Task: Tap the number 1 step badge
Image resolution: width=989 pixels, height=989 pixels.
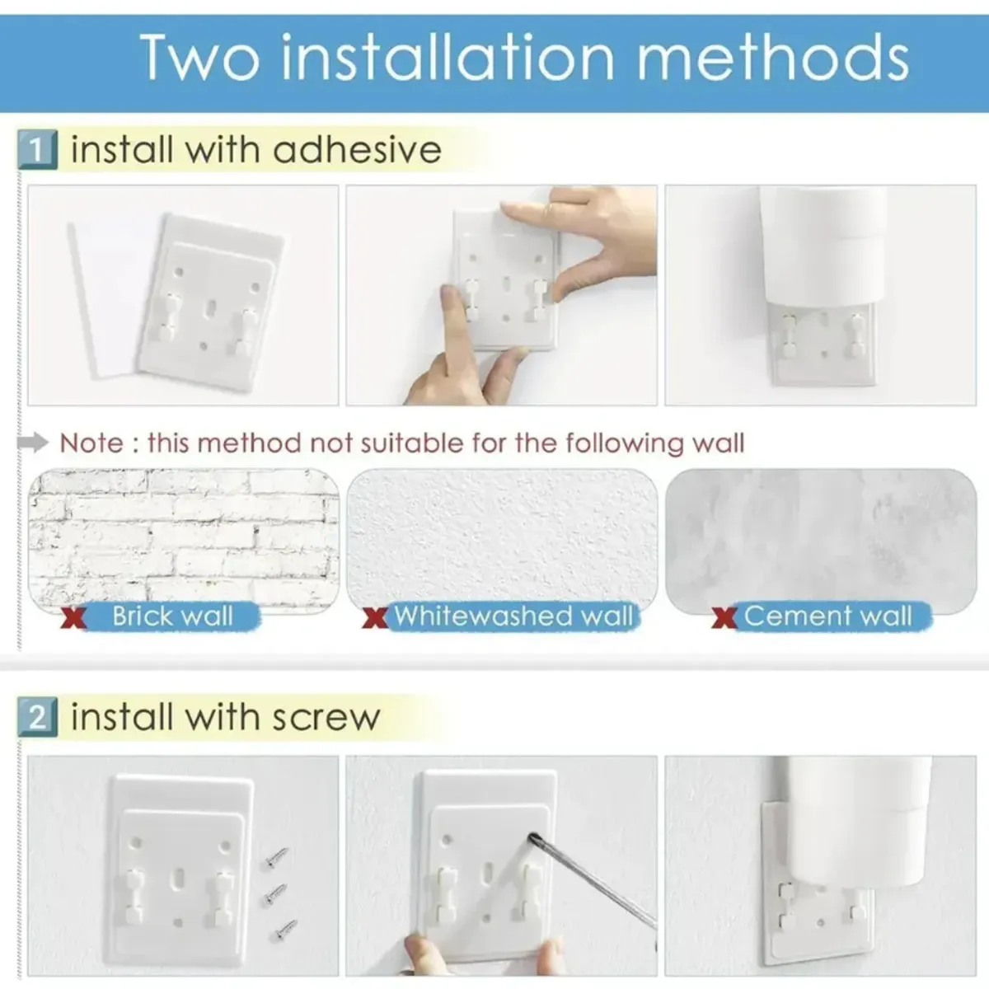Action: point(37,150)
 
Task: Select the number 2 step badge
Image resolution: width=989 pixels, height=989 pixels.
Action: point(37,718)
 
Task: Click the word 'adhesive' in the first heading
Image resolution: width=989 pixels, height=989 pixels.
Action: point(357,149)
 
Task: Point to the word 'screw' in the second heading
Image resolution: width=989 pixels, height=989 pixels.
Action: point(326,719)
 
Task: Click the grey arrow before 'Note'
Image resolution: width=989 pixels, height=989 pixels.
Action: point(32,443)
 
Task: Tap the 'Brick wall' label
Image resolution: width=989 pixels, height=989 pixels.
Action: point(172,616)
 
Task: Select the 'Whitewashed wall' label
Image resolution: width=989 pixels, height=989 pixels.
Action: point(513,616)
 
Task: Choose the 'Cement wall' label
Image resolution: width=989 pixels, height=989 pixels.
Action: point(827,616)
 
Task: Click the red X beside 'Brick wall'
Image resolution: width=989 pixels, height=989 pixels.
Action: point(73,618)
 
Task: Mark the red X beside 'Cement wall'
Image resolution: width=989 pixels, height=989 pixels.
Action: point(724,618)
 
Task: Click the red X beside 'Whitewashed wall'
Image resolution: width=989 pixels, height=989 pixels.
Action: point(375,618)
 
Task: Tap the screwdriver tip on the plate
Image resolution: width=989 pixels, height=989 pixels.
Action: point(532,836)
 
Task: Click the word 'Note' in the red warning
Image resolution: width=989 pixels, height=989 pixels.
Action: point(91,443)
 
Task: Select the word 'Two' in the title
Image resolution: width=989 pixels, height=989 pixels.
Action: point(200,57)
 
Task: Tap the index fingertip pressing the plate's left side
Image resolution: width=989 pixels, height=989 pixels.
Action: point(450,295)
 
